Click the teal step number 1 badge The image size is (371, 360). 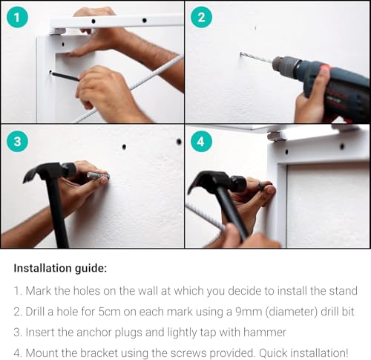coord(17,17)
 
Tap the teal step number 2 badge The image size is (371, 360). coord(201,17)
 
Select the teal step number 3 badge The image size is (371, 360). coord(17,142)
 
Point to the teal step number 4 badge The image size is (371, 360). coord(201,142)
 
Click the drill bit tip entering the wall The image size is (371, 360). coord(241,53)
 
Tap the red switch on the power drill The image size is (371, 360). coord(325,68)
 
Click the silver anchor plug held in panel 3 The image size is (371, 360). coord(98,176)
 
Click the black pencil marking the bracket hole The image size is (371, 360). coord(65,76)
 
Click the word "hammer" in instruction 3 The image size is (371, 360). coord(265,333)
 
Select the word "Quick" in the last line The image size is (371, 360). coord(273,353)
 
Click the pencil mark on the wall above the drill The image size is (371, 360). coord(255,27)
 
